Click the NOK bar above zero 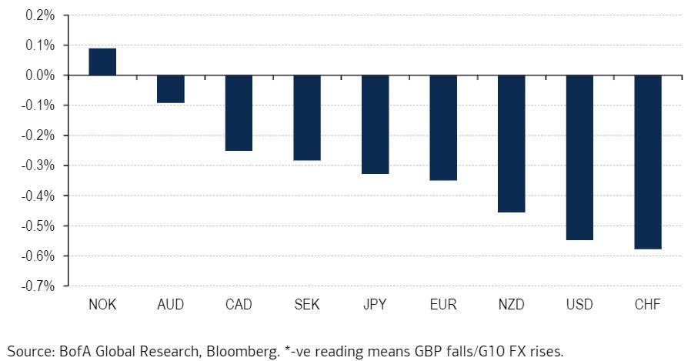[x=102, y=62]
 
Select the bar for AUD [x=170, y=89]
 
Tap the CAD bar [x=239, y=113]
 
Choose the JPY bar [x=375, y=125]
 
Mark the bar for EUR [x=443, y=128]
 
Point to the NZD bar [x=511, y=144]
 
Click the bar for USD [x=579, y=158]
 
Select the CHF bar [x=647, y=162]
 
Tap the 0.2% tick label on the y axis [x=40, y=15]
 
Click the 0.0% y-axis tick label [x=40, y=75]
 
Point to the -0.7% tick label [x=38, y=286]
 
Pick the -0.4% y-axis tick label [x=38, y=196]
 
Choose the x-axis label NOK [x=102, y=305]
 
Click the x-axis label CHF [x=647, y=305]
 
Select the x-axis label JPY [x=375, y=305]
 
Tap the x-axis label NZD [x=511, y=305]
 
